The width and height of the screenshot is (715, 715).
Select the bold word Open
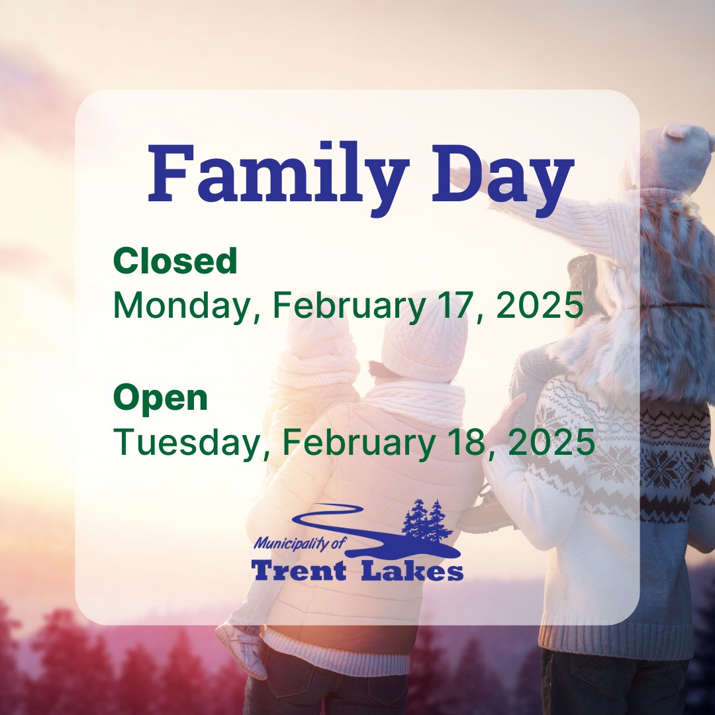(x=160, y=398)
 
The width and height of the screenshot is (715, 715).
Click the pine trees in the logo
(x=426, y=520)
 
